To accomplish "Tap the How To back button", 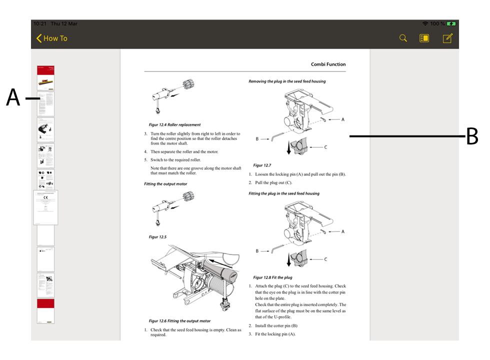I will pos(51,38).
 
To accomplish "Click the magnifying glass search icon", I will pos(403,38).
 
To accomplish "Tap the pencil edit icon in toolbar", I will pos(447,38).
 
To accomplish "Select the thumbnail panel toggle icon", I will pos(424,38).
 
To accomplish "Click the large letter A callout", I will pos(13,98).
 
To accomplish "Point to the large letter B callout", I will pos(472,136).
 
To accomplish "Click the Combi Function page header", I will pos(328,64).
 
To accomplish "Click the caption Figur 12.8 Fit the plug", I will pos(272,277).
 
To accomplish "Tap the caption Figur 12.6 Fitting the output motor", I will pos(179,321).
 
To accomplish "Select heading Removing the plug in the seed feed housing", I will pos(287,81).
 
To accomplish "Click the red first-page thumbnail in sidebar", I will pos(46,77).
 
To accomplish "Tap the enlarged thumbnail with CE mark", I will pos(46,207).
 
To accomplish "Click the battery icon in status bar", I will pos(451,23).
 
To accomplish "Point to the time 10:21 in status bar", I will pos(39,23).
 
